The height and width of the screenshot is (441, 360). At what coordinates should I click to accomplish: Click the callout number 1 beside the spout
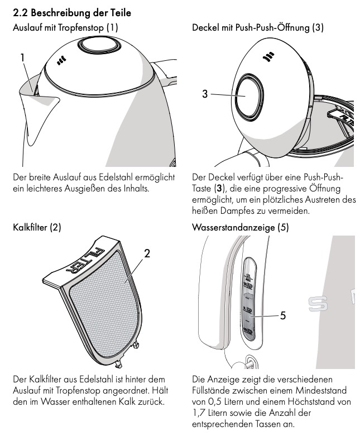point(23,57)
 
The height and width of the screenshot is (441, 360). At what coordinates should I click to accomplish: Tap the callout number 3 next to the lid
point(205,94)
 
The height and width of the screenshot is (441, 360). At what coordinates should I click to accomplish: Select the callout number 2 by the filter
point(147,253)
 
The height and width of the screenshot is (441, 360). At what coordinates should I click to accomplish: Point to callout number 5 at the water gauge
point(283,315)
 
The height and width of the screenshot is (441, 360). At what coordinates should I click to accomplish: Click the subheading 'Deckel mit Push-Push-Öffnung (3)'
point(257,26)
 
